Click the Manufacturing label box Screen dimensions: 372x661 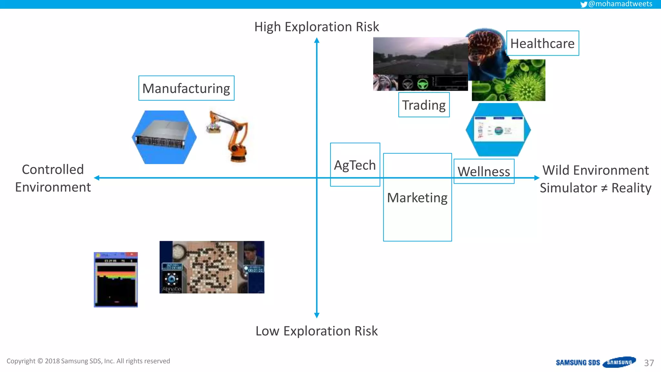point(186,88)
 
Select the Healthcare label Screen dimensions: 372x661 point(542,43)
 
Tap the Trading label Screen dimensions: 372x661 point(424,105)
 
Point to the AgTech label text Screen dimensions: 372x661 point(355,165)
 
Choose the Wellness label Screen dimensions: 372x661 point(484,171)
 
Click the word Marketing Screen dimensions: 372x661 point(417,198)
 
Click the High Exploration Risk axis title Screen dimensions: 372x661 point(316,27)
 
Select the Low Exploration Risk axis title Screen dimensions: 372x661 point(316,331)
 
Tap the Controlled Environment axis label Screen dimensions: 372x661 point(53,178)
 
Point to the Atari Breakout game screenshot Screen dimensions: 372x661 point(116,280)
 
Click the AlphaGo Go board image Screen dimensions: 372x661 point(212,267)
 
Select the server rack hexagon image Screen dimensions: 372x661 point(164,137)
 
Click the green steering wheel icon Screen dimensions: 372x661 point(422,84)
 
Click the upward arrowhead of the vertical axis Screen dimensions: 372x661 point(317,40)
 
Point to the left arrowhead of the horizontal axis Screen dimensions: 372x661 point(97,178)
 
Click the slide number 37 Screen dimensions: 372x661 point(649,363)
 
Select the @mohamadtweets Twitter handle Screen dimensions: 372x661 point(620,4)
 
